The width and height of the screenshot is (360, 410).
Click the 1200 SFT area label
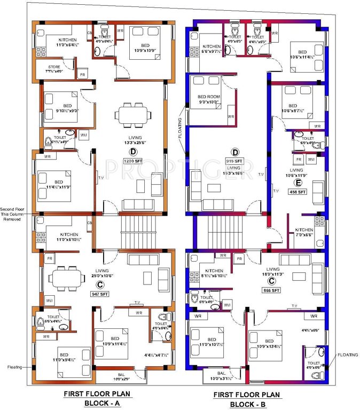click(x=131, y=161)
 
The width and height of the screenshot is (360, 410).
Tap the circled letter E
click(x=298, y=181)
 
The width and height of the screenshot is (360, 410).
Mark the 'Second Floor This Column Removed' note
click(x=15, y=214)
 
